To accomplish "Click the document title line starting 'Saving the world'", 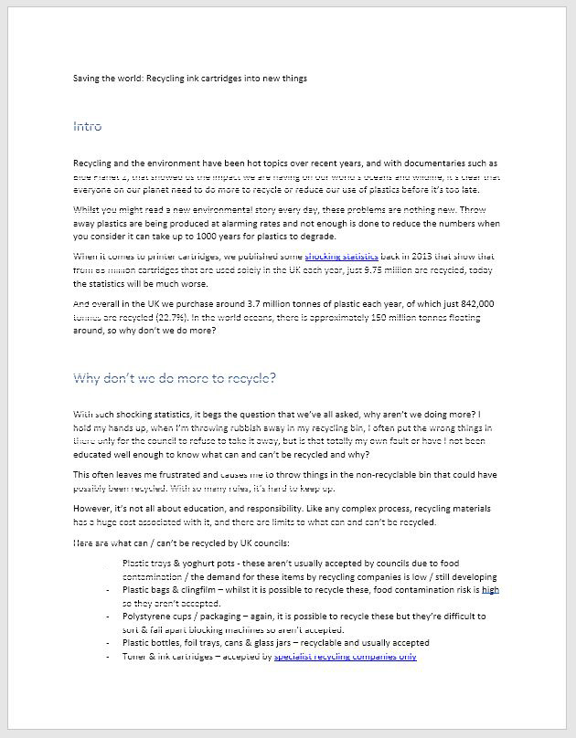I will (190, 79).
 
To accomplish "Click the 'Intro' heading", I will (88, 126).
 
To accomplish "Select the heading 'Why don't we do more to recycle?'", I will (175, 377).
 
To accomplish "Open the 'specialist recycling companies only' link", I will (345, 656).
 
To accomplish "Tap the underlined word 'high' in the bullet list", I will (490, 590).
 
